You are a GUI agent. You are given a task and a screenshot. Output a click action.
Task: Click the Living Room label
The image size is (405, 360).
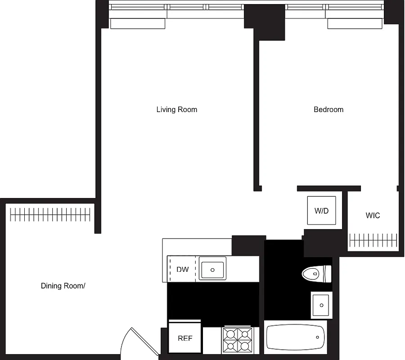176,109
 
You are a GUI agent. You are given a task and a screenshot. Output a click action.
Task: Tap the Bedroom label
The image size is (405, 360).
328,109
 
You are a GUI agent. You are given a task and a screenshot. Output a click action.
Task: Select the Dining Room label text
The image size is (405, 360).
63,286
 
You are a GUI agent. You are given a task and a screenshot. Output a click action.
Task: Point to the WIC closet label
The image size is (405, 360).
373,216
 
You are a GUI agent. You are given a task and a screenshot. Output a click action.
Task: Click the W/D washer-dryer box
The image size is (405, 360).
321,210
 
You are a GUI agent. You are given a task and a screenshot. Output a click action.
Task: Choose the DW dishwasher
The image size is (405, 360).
182,270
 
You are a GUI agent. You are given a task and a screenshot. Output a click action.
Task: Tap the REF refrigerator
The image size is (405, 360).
185,337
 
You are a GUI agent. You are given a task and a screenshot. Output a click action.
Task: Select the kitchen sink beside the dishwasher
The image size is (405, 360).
212,270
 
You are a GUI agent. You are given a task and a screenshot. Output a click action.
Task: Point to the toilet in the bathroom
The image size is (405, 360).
316,273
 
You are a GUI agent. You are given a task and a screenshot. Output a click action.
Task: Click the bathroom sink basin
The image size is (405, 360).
321,305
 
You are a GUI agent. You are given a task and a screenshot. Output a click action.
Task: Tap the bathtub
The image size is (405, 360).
296,337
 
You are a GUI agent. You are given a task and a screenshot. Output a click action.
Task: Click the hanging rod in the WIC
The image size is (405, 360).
373,240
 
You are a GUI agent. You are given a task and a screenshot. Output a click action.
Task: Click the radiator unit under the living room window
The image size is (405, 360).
138,23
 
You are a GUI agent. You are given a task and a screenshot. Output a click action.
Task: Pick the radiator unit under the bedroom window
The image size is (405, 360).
355,23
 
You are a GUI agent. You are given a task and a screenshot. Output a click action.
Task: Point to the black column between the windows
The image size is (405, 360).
265,22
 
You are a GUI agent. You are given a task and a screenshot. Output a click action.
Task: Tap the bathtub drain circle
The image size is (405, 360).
318,337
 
